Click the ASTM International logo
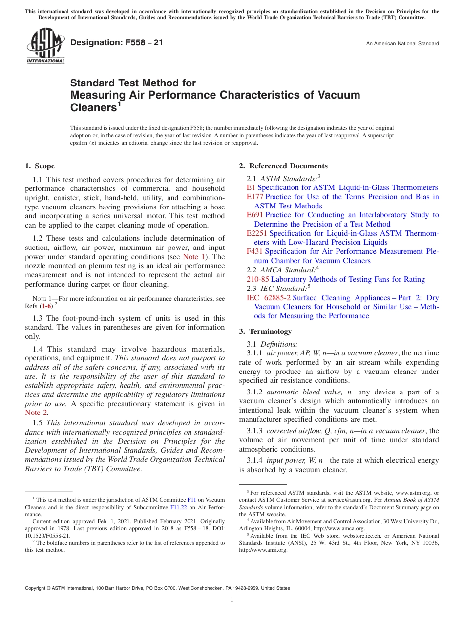click(x=45, y=46)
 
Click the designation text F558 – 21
click(x=116, y=42)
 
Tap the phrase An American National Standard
click(x=402, y=44)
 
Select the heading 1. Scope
click(x=40, y=166)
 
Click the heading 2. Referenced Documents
click(x=283, y=166)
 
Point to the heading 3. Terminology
click(x=265, y=331)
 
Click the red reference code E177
click(x=255, y=197)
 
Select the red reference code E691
click(x=255, y=215)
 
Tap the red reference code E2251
click(x=257, y=233)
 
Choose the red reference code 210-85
click(x=257, y=279)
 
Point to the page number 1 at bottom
click(x=232, y=600)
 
